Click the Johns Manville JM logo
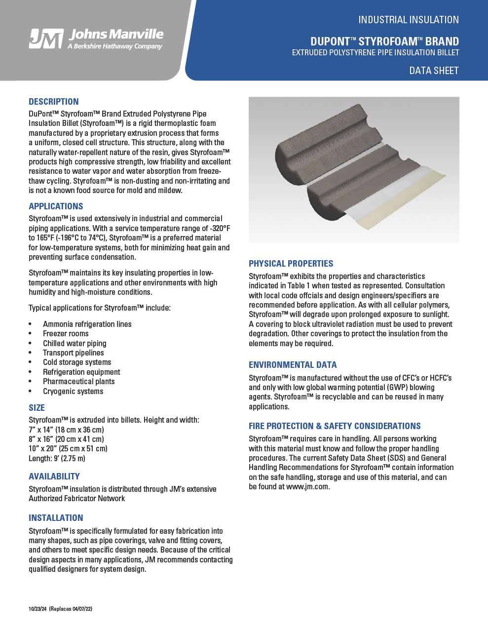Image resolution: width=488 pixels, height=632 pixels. pos(46,39)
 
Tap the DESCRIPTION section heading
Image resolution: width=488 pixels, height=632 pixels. pos(53,102)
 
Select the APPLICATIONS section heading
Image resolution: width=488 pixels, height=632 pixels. pos(56,206)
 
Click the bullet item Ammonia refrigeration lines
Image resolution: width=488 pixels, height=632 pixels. pos(87,324)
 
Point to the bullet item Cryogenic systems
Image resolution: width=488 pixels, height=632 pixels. pos(73,392)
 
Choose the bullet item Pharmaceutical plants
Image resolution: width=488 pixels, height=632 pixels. pos(78,382)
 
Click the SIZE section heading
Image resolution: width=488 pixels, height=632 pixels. pos(37,408)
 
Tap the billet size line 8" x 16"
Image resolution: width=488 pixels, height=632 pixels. pos(66,439)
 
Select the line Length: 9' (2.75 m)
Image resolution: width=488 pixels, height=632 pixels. pos(57,459)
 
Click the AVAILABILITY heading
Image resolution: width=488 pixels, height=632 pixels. pos(54,476)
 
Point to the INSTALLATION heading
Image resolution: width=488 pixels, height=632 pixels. pos(56,518)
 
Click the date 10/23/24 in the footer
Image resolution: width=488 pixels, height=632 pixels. pos(38,609)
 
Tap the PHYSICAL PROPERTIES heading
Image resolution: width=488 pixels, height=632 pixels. pos(291,264)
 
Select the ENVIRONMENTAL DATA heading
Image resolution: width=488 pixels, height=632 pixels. pos(293,365)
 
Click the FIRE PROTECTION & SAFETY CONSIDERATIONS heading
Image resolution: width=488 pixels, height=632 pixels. pos(335,426)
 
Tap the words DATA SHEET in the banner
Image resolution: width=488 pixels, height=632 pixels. pos(434,71)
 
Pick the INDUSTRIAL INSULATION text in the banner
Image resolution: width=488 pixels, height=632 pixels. pos(409,20)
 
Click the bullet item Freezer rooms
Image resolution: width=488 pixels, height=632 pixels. pos(66,334)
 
